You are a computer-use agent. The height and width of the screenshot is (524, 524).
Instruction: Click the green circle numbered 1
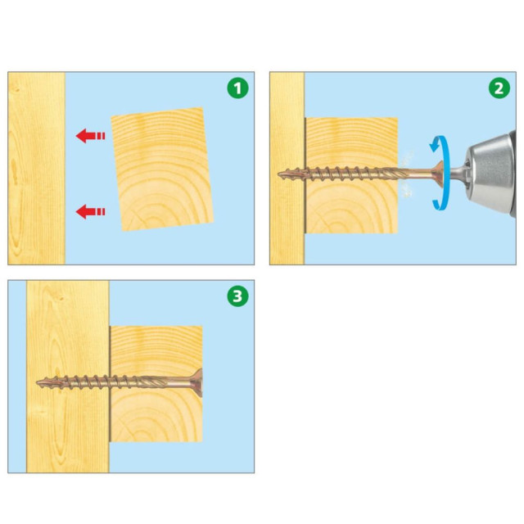pos(237,88)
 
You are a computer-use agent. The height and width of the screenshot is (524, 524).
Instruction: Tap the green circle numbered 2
pos(499,88)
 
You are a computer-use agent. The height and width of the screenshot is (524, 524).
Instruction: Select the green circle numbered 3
pos(237,296)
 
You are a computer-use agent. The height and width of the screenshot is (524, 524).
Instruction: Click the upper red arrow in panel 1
pos(91,136)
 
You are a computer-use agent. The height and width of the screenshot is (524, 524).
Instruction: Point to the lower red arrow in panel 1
pos(91,211)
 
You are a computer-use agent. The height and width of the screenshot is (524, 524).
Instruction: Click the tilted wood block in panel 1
pos(162,169)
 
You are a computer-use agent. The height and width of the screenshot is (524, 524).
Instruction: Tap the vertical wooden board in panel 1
pos(36,169)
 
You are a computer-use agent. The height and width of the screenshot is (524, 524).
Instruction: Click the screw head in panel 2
pos(438,174)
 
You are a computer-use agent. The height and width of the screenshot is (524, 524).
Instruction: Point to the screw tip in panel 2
pos(278,174)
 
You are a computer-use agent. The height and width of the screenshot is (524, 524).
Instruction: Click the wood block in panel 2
pos(351,175)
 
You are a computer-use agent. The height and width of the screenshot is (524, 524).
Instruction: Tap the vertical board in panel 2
pos(287,169)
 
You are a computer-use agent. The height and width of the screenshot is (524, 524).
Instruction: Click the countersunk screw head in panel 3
pos(197,382)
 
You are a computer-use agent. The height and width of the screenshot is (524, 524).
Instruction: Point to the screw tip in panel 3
pos(38,382)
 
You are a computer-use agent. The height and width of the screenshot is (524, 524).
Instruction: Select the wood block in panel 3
pos(156,384)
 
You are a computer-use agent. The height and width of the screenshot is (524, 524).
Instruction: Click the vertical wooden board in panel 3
pos(68,377)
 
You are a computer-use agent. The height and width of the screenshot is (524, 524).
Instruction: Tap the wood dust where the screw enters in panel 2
pos(406,174)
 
